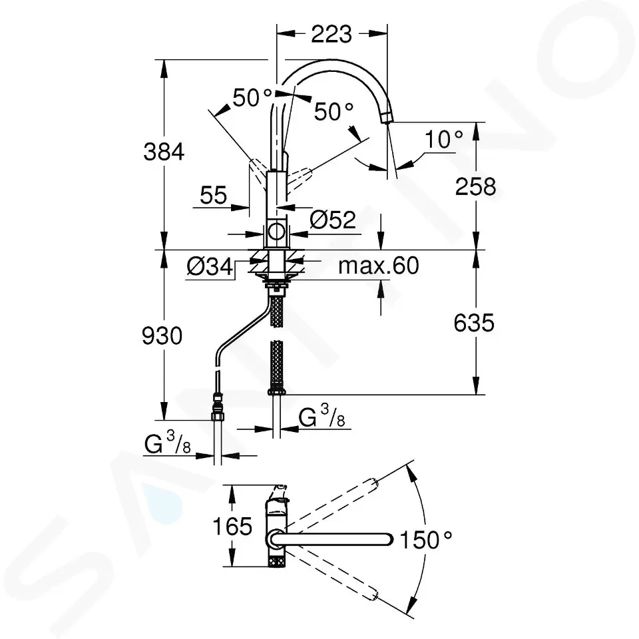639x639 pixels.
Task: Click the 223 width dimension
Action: coord(331,34)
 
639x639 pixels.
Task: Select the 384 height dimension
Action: coord(164,152)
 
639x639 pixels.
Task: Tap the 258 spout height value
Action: coord(475,186)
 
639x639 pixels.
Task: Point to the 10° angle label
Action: coord(444,139)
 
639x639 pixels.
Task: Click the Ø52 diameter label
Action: coord(333,220)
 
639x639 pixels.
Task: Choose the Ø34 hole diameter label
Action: coord(210,267)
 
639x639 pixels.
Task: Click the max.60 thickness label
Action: coord(379,266)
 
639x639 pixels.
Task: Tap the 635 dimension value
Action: coord(474,323)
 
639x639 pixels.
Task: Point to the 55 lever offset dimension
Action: coord(213,195)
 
